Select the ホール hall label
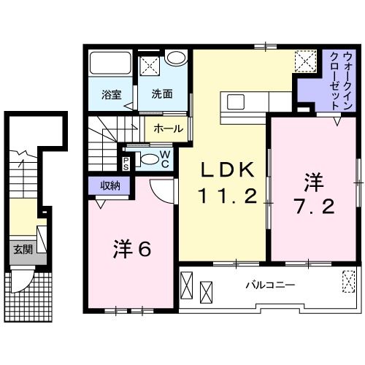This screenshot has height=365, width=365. (x=169, y=128)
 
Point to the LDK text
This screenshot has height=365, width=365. (x=228, y=170)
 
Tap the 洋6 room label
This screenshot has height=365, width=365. (x=131, y=250)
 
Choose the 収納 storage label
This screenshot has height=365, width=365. (x=109, y=186)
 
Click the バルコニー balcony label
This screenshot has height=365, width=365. (x=269, y=285)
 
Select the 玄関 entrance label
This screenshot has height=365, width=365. (x=22, y=250)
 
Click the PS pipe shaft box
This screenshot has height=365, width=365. (x=126, y=162)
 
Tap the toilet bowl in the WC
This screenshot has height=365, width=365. (x=148, y=160)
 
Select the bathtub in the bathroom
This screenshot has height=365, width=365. (x=109, y=67)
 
